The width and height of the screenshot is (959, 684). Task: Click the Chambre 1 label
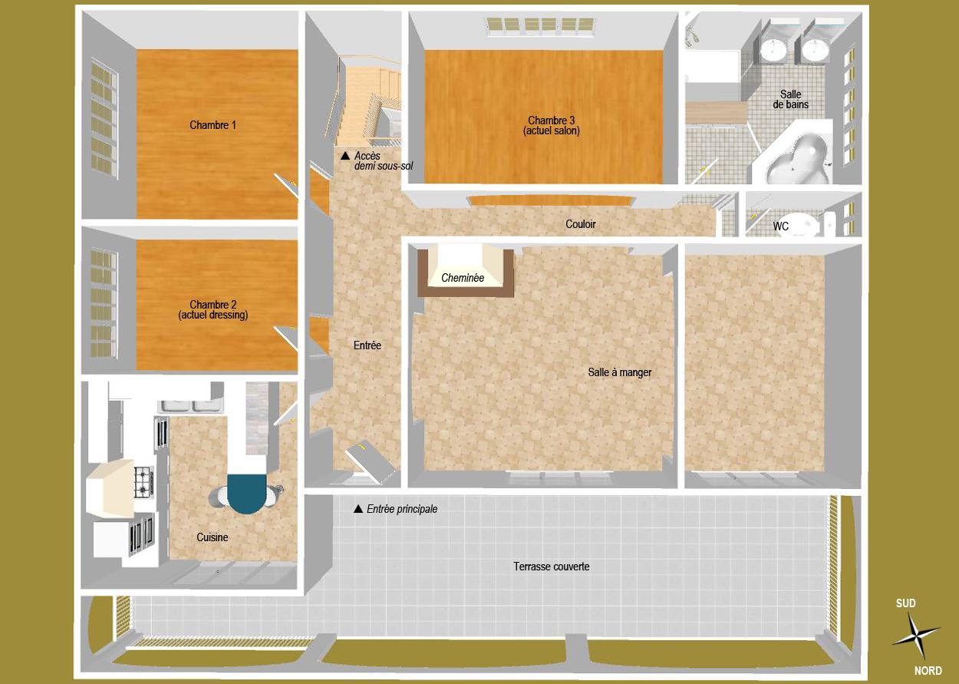click(x=213, y=125)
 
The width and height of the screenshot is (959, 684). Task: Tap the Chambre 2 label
click(x=213, y=309)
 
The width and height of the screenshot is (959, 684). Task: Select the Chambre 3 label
click(x=551, y=125)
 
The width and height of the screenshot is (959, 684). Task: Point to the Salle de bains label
click(x=790, y=99)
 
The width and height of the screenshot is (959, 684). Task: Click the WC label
click(x=780, y=226)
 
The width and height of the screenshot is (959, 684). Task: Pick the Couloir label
click(x=580, y=224)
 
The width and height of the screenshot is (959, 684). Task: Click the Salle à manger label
click(x=619, y=372)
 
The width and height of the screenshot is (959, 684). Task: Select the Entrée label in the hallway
click(x=367, y=345)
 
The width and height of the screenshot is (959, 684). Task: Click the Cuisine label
click(x=212, y=537)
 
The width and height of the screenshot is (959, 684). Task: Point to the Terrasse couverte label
click(x=551, y=567)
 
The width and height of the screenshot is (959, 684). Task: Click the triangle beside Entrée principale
click(x=357, y=509)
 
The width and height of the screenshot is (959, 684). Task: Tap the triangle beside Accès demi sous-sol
click(x=344, y=156)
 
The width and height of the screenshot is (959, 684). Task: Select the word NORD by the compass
click(x=928, y=671)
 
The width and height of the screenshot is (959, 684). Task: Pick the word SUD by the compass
click(x=905, y=603)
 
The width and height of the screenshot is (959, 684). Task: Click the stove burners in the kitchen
click(x=143, y=481)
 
